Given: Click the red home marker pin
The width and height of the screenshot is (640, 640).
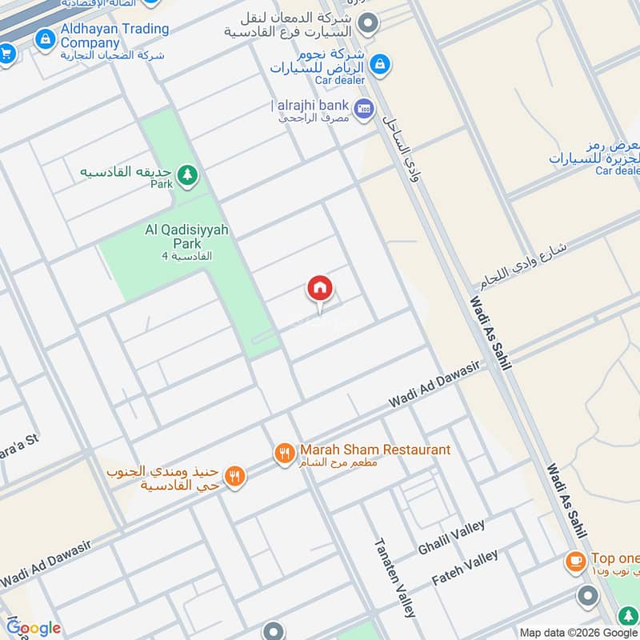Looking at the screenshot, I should pyautogui.click(x=320, y=290).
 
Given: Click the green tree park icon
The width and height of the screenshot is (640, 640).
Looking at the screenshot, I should pyautogui.click(x=187, y=174).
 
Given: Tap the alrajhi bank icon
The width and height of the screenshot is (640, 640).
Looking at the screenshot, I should pyautogui.click(x=364, y=108).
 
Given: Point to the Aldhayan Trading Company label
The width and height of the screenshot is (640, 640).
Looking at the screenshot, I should pyautogui.click(x=114, y=36).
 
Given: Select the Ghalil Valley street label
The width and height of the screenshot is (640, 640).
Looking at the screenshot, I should pyautogui.click(x=451, y=538).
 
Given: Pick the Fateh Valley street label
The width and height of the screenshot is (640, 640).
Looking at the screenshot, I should pyautogui.click(x=465, y=566).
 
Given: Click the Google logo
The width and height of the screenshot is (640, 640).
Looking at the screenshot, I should pyautogui.click(x=34, y=628).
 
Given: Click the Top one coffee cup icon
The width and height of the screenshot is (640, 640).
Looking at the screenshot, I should pyautogui.click(x=575, y=562).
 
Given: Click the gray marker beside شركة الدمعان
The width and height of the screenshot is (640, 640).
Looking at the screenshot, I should pyautogui.click(x=367, y=24).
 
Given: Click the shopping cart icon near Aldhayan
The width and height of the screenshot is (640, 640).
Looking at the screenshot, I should pyautogui.click(x=6, y=54).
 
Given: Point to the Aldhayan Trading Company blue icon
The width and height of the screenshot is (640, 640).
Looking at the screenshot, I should pyautogui.click(x=46, y=36).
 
